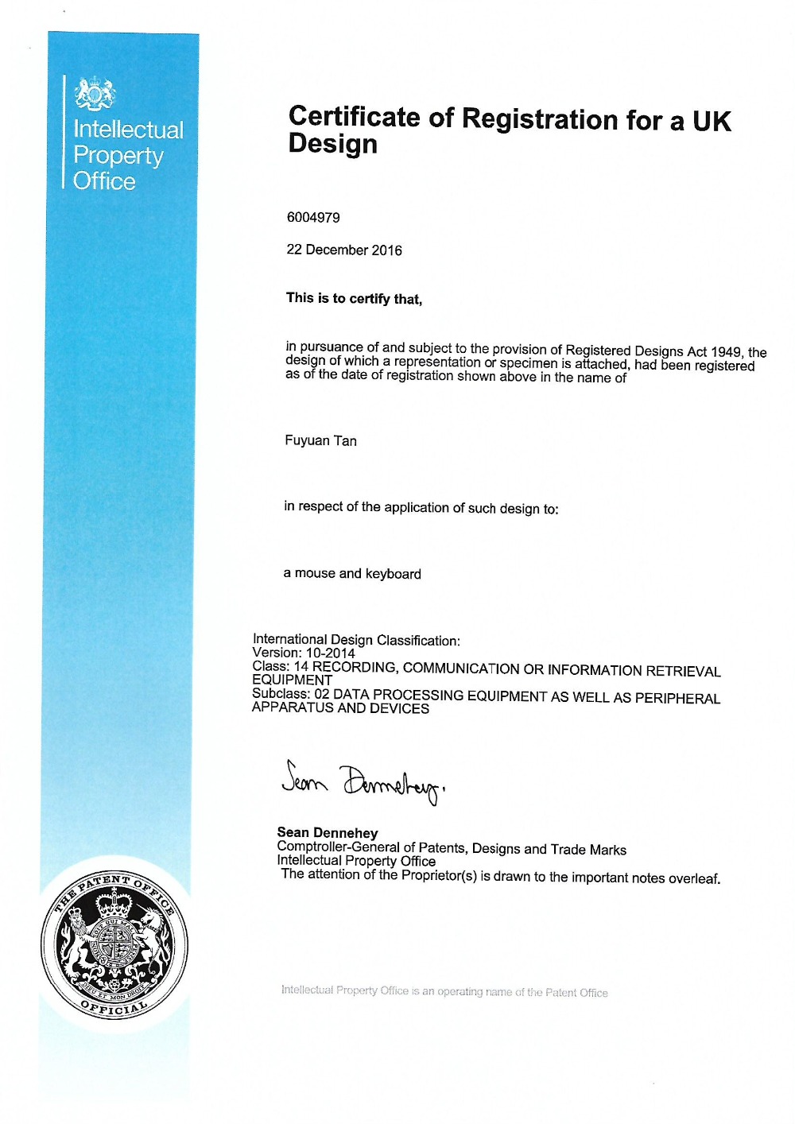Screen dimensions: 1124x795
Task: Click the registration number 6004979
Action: point(313,217)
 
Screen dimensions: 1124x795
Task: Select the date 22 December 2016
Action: point(344,250)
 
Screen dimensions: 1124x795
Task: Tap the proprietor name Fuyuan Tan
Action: point(320,440)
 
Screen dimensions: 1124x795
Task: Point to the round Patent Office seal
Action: point(115,946)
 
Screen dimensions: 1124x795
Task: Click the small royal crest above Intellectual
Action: point(95,94)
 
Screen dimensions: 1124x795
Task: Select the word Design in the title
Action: point(332,144)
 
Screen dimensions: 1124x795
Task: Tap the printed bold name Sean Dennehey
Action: point(327,832)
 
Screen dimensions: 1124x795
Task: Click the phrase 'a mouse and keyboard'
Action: point(352,573)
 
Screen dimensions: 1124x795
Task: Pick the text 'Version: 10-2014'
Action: point(303,653)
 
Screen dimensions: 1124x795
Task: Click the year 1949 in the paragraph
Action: point(726,351)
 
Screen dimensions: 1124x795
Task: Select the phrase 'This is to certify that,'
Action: point(354,298)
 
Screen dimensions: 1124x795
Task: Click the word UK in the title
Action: point(711,121)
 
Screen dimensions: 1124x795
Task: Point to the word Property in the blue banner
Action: point(118,156)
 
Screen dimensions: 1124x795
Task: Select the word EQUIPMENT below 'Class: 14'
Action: point(292,680)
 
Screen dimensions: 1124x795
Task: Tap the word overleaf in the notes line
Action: point(693,878)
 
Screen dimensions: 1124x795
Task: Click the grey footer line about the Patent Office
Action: point(444,991)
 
